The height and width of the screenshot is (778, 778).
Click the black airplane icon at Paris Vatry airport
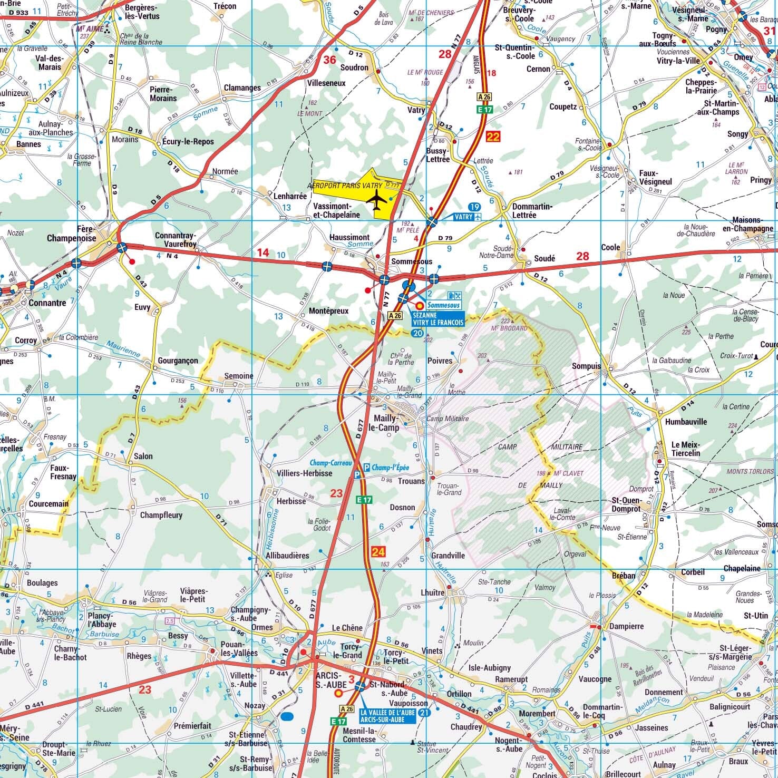376,201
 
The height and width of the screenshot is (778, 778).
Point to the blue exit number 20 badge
417,333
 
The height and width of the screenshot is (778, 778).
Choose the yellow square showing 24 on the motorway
378,552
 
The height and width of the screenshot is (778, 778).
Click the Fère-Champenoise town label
72,234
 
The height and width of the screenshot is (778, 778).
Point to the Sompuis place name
586,366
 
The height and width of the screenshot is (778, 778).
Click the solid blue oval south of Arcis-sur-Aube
287,716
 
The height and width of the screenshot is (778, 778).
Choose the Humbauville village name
685,422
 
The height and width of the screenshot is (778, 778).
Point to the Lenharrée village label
290,196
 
